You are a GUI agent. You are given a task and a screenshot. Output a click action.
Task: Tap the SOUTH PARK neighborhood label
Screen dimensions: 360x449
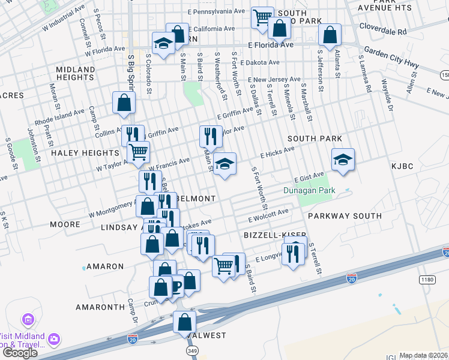(x=315, y=139)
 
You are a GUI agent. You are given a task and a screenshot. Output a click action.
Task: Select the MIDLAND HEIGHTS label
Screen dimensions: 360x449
(x=75, y=74)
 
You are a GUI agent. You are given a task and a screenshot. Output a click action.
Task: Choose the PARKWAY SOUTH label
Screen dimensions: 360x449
(x=345, y=215)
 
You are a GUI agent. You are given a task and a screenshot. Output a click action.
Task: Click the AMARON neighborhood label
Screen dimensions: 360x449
(x=105, y=266)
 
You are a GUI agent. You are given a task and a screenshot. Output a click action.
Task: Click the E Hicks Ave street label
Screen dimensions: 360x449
(x=277, y=154)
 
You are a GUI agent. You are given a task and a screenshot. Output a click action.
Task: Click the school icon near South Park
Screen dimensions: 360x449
(x=343, y=160)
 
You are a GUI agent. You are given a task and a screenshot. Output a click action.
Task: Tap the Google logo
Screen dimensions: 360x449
(x=20, y=353)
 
